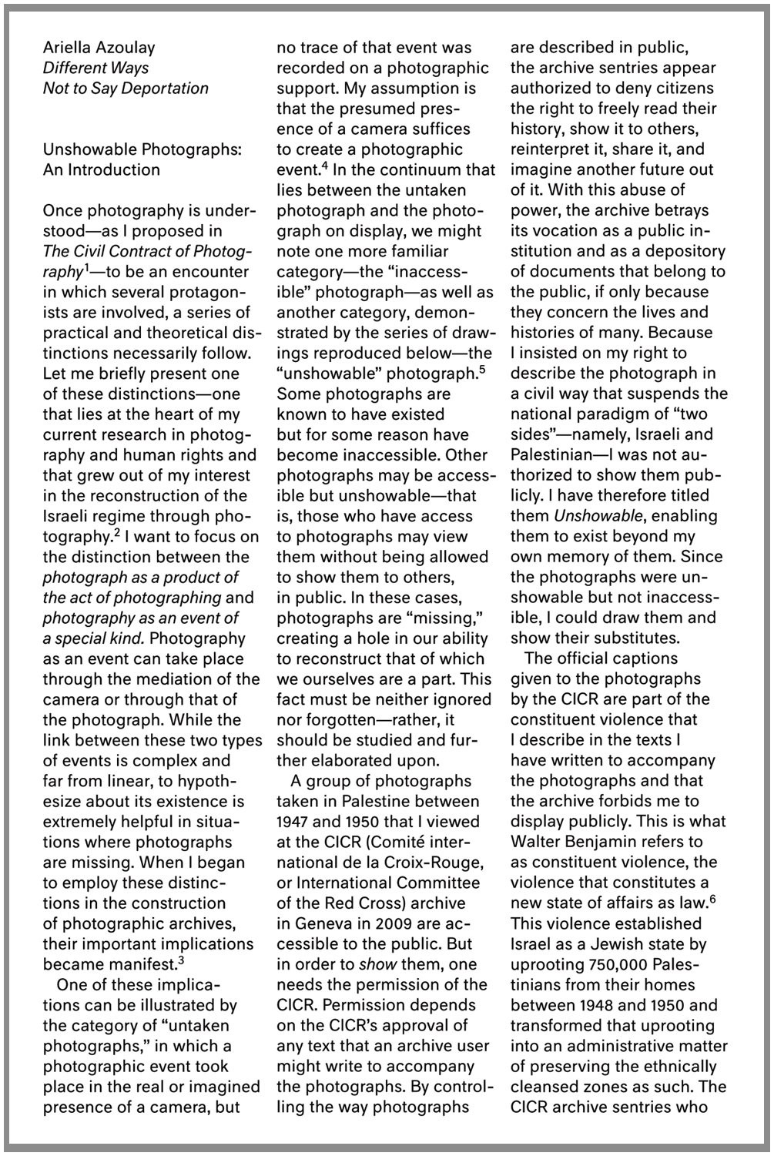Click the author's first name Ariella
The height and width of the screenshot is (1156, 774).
coord(65,48)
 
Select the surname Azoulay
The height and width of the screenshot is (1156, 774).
coord(124,48)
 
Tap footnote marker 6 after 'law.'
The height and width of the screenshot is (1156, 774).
coord(712,898)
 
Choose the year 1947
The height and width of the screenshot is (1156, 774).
coord(294,822)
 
